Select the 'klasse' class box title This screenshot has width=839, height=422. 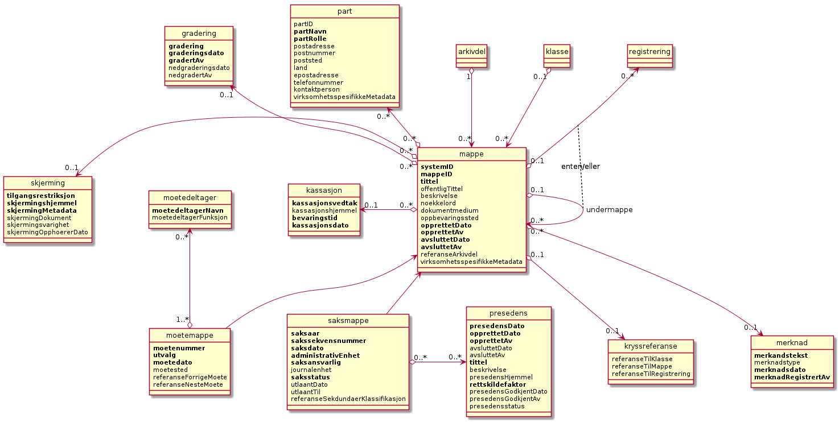557,52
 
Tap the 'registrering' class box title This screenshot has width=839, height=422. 649,52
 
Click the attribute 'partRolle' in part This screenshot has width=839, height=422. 310,39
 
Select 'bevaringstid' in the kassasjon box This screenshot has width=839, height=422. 314,218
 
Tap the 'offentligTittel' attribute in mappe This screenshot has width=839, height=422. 441,188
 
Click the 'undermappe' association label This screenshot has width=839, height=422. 609,210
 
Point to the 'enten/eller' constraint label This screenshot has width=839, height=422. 581,167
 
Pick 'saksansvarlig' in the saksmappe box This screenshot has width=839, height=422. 315,362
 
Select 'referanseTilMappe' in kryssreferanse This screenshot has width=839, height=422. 641,366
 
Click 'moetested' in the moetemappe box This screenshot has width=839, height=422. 171,370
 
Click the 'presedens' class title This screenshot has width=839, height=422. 508,313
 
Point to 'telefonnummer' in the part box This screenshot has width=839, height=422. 318,82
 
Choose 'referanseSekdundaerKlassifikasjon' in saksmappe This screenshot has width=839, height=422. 348,399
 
